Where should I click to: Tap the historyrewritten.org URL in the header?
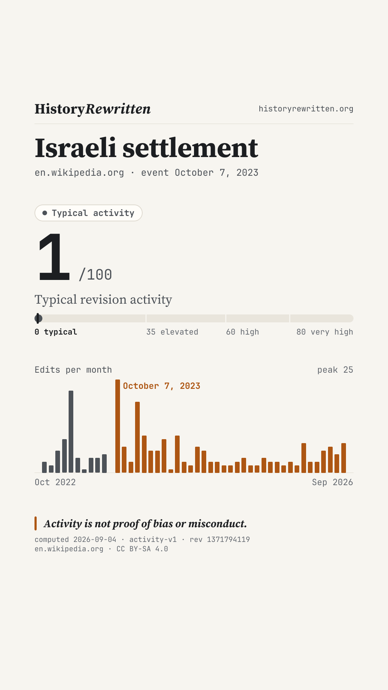point(306,109)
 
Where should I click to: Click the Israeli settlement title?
point(147,148)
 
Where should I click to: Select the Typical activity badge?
point(88,213)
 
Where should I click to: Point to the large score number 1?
point(54,257)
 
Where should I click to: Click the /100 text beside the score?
point(95,275)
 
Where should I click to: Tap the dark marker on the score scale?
point(38,318)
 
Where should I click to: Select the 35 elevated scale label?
point(172,332)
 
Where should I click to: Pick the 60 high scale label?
point(242,332)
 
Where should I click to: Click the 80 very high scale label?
point(325,332)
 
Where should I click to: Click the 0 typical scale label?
point(56,332)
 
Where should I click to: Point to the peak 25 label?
point(335,370)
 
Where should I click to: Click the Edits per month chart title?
point(73,370)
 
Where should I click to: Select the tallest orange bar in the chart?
point(117,426)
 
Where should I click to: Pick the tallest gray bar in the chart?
point(71,432)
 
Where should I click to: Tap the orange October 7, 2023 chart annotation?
point(162,386)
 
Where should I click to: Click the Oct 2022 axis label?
point(55,482)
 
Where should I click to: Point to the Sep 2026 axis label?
point(333,482)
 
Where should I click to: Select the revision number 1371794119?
point(228,539)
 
